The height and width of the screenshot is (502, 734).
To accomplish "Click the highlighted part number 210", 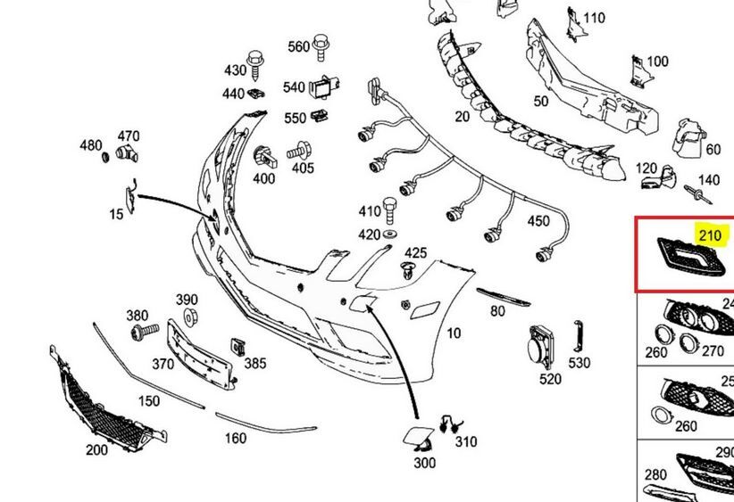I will pos(709,235).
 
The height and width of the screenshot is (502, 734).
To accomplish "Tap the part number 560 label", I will pos(297,46).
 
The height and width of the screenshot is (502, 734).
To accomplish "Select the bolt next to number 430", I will pos(254,59).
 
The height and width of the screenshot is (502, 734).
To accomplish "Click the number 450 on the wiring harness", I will pos(538,221).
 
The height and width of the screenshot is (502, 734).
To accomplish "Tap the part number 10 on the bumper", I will pos(454,333).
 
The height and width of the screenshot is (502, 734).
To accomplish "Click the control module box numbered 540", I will pos(322,87).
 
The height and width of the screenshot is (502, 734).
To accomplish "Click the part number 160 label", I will pos(235,439).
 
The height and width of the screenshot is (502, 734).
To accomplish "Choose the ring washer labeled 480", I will pos(104,158).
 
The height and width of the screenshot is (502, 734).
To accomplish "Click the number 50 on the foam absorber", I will pos(541,101).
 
